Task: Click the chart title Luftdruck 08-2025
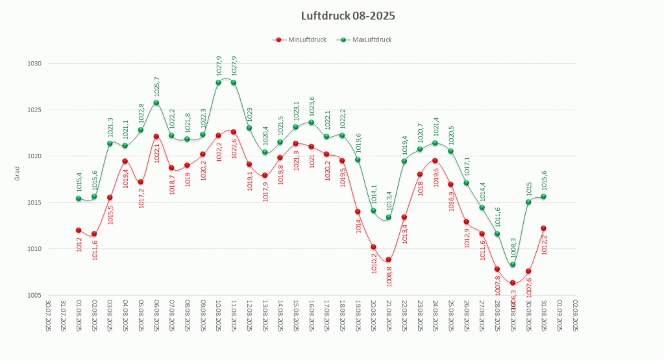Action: coord(348,16)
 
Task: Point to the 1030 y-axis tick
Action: coord(34,64)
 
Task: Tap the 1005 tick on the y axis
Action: coord(34,296)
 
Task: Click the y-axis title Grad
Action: coord(18,174)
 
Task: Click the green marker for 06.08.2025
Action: coord(156,102)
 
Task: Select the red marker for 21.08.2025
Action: coord(389,260)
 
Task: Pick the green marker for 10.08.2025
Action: coord(218,82)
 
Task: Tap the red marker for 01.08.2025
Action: coord(79,230)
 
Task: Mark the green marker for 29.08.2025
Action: coord(513,265)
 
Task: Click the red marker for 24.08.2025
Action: coord(435,161)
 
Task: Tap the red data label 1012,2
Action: coord(545,245)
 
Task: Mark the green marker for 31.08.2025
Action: coord(544,197)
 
